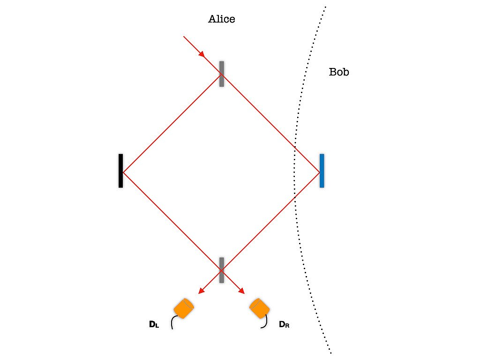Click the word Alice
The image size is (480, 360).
[x=222, y=19]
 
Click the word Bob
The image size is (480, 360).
[x=339, y=72]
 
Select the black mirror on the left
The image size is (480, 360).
[x=120, y=171]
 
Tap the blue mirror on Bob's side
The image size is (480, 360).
[x=322, y=171]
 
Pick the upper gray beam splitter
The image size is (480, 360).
[x=222, y=74]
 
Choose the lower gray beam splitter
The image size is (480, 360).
[x=222, y=270]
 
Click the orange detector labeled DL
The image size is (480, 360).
[x=184, y=308]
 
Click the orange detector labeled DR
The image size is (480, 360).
[x=260, y=308]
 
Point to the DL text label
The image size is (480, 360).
[x=154, y=324]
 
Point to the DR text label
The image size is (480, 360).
[x=284, y=324]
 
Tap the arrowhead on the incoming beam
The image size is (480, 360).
[x=202, y=54]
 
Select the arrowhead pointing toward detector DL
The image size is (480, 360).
[x=201, y=291]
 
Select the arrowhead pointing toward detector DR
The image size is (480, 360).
[x=241, y=291]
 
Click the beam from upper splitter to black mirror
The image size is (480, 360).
[x=172, y=123]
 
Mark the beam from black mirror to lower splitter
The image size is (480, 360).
[x=172, y=222]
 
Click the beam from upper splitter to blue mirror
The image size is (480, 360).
[x=270, y=123]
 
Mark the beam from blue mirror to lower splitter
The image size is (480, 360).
[x=270, y=222]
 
